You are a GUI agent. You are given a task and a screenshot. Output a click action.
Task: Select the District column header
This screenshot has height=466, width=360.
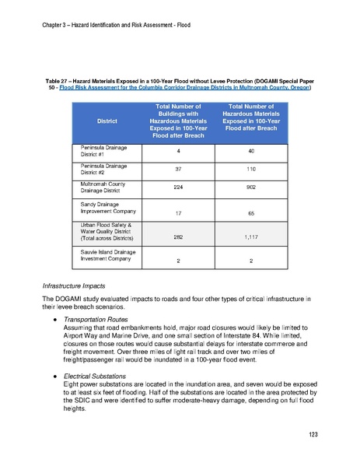pyautogui.click(x=107, y=121)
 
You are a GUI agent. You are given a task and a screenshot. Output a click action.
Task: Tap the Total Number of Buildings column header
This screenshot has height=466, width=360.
pyautogui.click(x=178, y=121)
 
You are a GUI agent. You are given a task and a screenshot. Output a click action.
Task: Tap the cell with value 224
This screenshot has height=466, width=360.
pyautogui.click(x=178, y=187)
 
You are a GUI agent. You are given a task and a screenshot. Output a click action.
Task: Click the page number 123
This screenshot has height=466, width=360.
pyautogui.click(x=313, y=434)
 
